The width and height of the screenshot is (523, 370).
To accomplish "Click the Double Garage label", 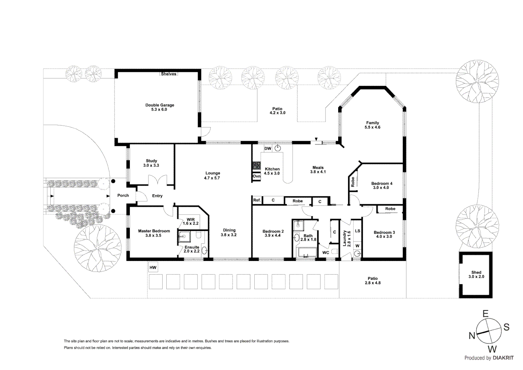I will pos(160,105).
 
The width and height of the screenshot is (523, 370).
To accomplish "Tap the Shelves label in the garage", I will pos(168,74).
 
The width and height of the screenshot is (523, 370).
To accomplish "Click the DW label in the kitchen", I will pos(268,149).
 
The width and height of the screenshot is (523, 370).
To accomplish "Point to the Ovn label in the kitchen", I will pos(256,176).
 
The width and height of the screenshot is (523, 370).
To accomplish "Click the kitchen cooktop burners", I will pos(256,165).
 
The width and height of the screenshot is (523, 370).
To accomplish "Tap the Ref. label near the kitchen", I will pos(257,200).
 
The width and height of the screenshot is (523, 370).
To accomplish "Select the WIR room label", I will pos(191,220).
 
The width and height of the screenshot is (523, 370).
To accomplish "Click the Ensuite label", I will pos(192,247).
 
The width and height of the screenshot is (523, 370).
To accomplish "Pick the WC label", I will pos(326,253).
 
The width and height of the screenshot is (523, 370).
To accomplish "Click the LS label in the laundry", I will pos(357,231).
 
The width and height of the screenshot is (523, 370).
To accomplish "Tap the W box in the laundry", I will pos(357,246).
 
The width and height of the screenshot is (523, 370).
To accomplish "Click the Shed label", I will pos(476,272).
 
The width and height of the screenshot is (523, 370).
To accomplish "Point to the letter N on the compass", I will pos(472,336).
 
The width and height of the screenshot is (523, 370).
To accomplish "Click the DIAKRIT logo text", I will pos(503,358).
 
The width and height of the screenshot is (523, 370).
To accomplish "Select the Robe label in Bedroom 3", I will pos(390,209).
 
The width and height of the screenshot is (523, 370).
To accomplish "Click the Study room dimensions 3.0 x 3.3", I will pos(151,165).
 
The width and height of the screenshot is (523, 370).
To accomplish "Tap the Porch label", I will pos(123,196).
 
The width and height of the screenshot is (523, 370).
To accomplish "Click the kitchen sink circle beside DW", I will pos(278,148).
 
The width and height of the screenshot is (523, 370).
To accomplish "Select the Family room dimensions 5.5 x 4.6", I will pos(372,127).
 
